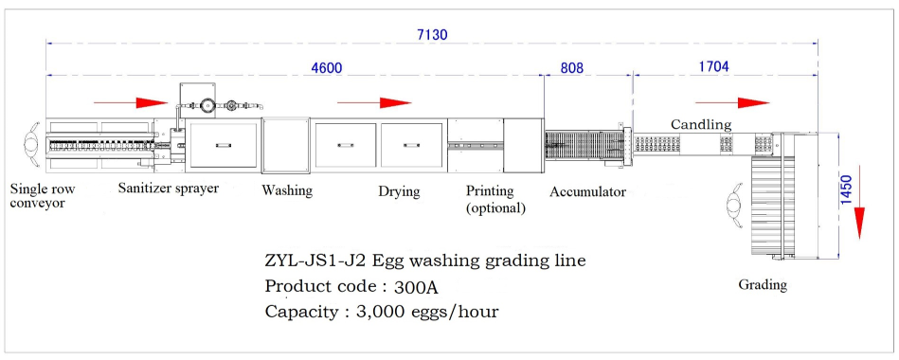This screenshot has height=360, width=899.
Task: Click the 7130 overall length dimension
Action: (432, 35)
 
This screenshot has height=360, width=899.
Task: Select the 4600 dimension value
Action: (326, 67)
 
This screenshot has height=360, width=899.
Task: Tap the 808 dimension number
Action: (571, 67)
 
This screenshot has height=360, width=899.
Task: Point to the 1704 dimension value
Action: (714, 66)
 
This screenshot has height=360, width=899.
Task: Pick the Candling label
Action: (701, 124)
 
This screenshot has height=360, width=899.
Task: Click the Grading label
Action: (763, 284)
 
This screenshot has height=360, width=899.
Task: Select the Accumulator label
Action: (587, 191)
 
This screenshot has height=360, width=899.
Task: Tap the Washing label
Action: (287, 190)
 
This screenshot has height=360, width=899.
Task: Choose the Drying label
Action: (399, 190)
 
